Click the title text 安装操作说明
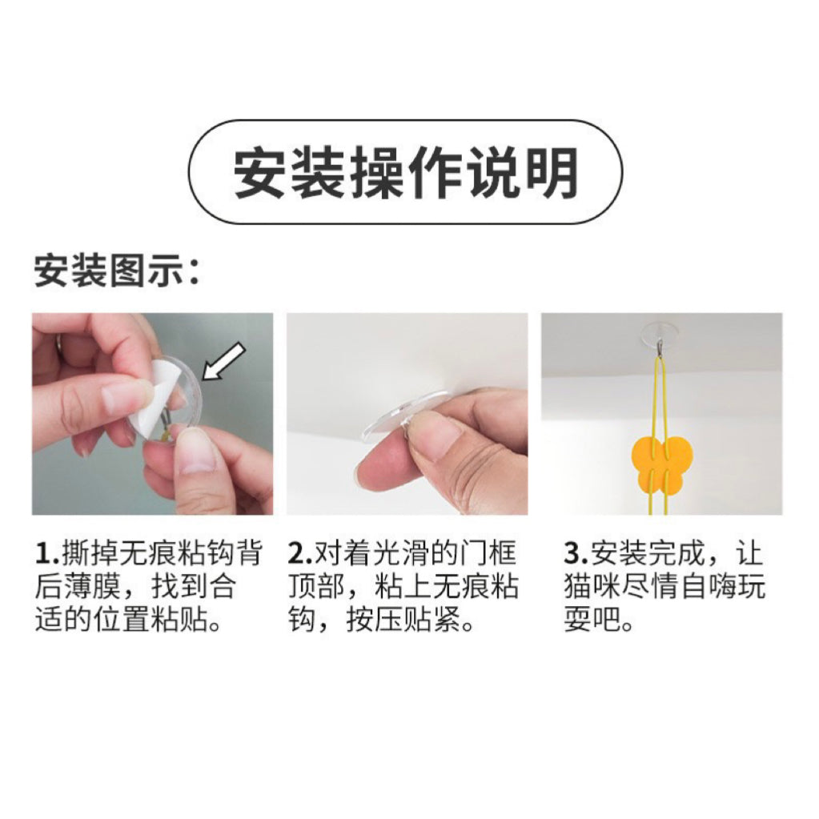(405, 173)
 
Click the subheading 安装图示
(110, 271)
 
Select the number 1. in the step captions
(46, 554)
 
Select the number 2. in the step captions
(299, 554)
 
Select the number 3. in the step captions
(576, 554)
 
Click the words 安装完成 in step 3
(648, 554)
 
